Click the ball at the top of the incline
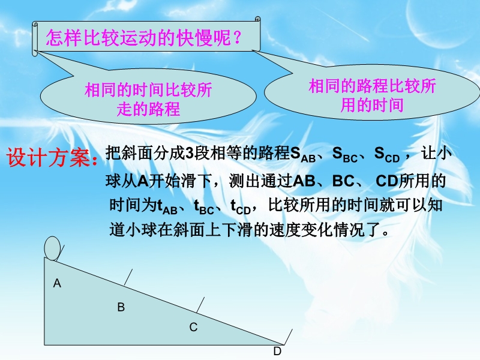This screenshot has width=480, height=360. click(x=52, y=248)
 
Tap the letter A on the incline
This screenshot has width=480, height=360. click(x=57, y=283)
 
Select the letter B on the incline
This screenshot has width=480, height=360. click(x=121, y=307)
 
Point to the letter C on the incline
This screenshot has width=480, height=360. click(x=193, y=327)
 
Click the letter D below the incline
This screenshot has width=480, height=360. click(x=277, y=351)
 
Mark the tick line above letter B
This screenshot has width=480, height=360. click(x=128, y=277)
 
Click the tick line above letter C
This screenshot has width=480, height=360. click(x=200, y=305)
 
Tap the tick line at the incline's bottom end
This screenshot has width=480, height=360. click(x=288, y=337)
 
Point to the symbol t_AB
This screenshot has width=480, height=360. click(x=167, y=207)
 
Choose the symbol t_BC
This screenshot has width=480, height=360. click(x=204, y=207)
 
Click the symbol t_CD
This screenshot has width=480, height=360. click(x=241, y=207)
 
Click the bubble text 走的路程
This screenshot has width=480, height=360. click(x=148, y=109)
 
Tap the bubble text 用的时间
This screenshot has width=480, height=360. click(x=372, y=105)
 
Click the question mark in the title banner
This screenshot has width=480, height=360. click(x=237, y=38)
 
